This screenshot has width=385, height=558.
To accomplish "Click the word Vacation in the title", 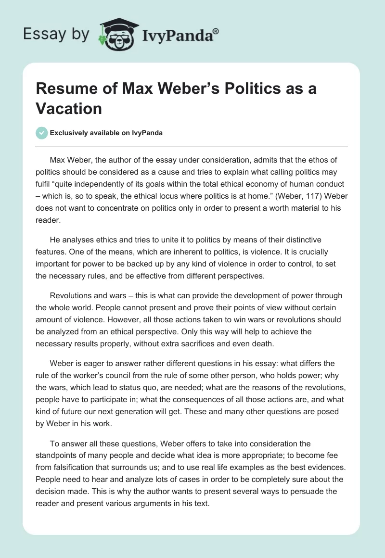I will click(x=69, y=109).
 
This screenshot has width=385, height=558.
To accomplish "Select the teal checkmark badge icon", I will click(x=42, y=133).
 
